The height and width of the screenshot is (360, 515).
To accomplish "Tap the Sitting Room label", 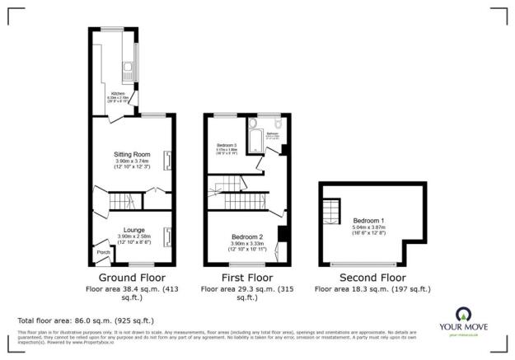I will click(132, 154).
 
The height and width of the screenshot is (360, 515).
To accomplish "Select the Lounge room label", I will click(133, 230).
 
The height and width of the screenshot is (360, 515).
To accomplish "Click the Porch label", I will click(103, 252).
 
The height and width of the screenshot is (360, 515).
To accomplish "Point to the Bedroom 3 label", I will click(226, 145).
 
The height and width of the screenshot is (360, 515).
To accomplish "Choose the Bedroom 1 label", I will click(368, 221).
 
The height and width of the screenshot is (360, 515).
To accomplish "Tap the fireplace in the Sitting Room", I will click(168, 160).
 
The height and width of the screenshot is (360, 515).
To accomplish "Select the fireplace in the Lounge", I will click(168, 236).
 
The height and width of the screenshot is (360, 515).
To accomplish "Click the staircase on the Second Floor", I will click(330, 215).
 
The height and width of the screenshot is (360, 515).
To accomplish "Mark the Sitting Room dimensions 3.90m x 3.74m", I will click(132, 161).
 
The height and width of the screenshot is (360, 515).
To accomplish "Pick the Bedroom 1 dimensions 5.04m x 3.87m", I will click(368, 227).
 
